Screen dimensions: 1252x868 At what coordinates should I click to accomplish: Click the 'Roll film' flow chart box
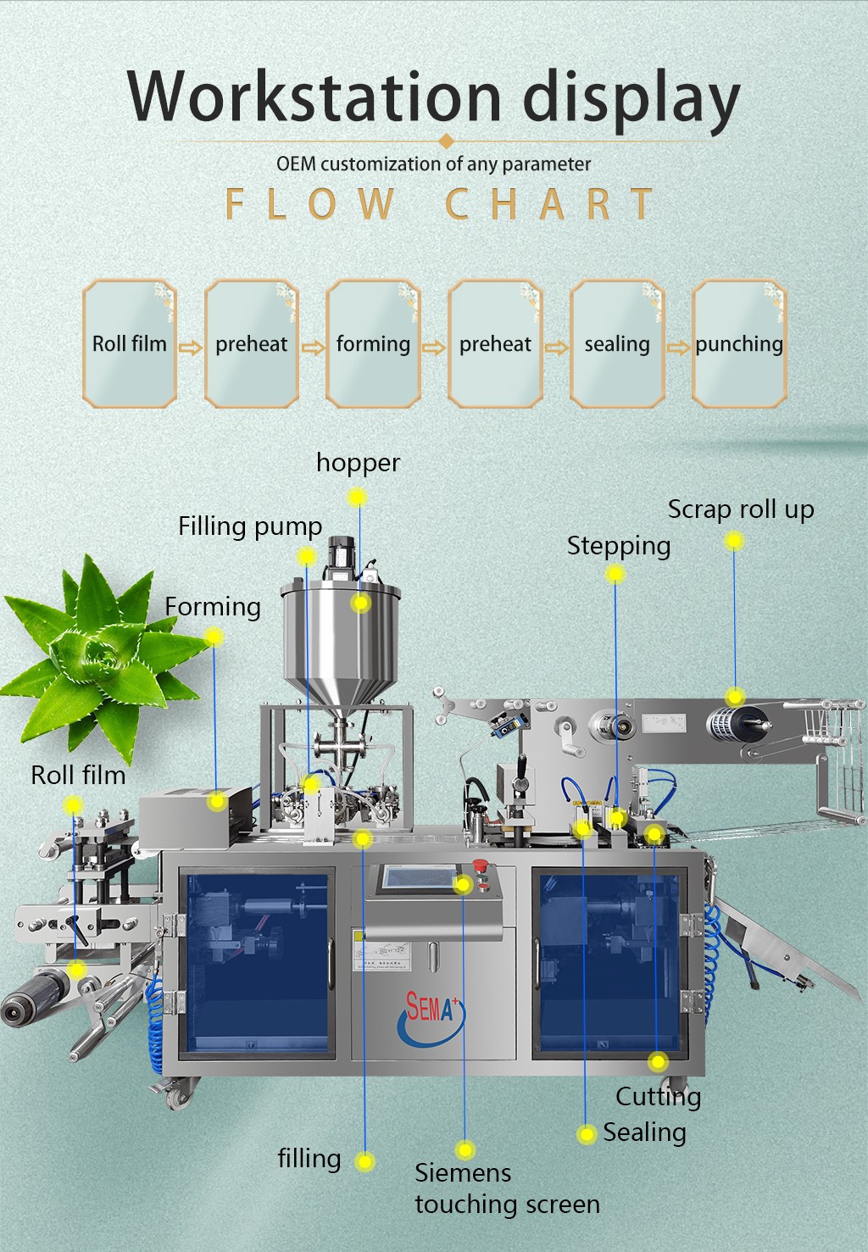tap(130, 343)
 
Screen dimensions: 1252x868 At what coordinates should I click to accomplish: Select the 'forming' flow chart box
tap(373, 343)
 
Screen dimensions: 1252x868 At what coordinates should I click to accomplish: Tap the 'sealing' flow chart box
tap(617, 343)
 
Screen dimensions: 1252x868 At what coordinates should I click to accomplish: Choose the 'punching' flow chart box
tap(739, 343)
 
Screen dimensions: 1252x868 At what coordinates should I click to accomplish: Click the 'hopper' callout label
tap(358, 463)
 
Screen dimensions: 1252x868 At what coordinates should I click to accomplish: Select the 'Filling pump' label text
tap(250, 526)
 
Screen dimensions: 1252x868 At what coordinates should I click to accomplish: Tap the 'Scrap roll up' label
tap(740, 509)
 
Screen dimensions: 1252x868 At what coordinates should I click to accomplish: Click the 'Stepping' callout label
tap(619, 546)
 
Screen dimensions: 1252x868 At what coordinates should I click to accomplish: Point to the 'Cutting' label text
tap(658, 1097)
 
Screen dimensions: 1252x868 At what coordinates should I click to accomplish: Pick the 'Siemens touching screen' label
tap(507, 1188)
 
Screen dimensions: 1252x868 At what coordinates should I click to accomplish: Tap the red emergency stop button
tap(480, 866)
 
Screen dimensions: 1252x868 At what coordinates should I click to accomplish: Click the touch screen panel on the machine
tap(418, 877)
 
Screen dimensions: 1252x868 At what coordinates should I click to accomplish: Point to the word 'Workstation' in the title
tap(314, 97)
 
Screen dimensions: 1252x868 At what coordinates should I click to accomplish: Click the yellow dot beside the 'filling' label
tap(365, 1161)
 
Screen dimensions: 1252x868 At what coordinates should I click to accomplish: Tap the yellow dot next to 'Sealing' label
tap(587, 1134)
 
